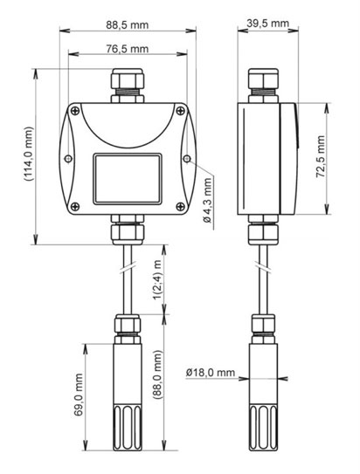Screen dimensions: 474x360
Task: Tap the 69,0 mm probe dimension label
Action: point(79,395)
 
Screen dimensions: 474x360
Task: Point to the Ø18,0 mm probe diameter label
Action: point(211,374)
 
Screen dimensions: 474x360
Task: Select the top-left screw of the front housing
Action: point(76,111)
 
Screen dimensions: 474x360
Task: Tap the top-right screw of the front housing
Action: point(179,111)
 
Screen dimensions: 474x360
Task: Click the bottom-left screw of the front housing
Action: point(76,206)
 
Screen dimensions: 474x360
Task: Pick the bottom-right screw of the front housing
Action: point(179,206)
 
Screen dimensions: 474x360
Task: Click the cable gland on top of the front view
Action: point(128,84)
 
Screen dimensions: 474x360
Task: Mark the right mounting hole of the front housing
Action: point(187,158)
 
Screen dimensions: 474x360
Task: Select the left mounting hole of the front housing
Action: point(69,158)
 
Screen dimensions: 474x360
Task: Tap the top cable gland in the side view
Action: point(260,82)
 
